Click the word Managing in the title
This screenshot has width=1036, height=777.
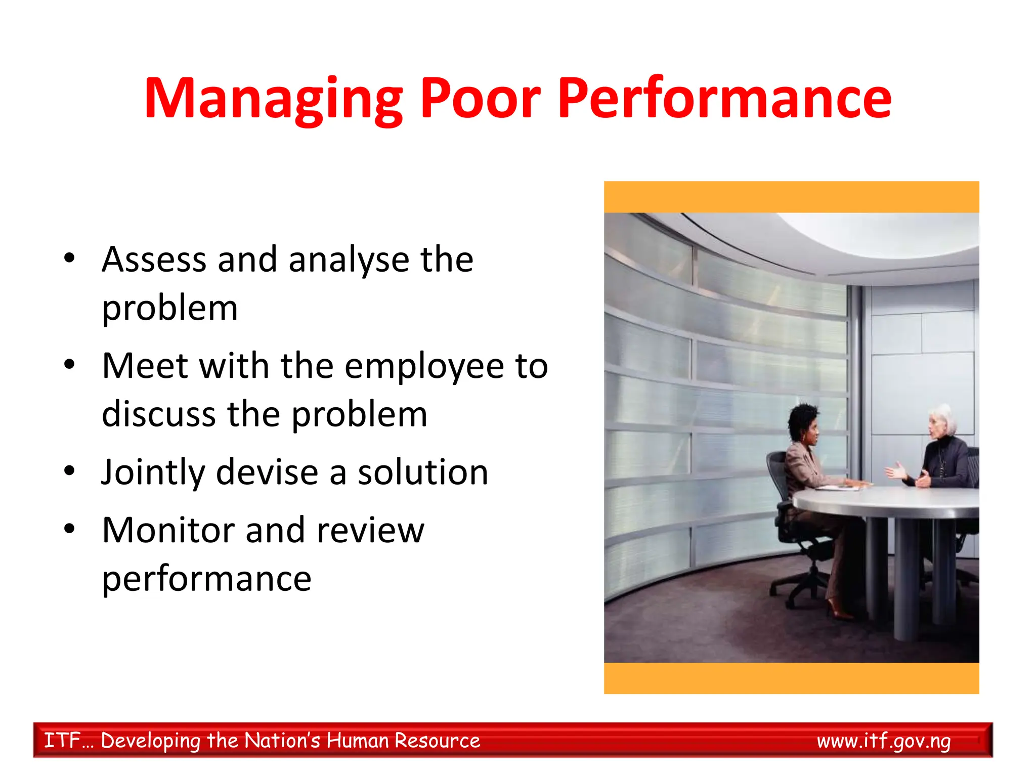pyautogui.click(x=273, y=99)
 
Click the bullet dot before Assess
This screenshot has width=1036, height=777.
pyautogui.click(x=69, y=258)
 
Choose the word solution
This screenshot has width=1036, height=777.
pyautogui.click(x=422, y=472)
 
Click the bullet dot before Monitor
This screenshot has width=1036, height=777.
pyautogui.click(x=69, y=529)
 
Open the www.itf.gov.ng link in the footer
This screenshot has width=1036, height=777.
pyautogui.click(x=883, y=741)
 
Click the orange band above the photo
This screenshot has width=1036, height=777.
pyautogui.click(x=791, y=197)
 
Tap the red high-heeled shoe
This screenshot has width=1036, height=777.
pyautogui.click(x=838, y=610)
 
